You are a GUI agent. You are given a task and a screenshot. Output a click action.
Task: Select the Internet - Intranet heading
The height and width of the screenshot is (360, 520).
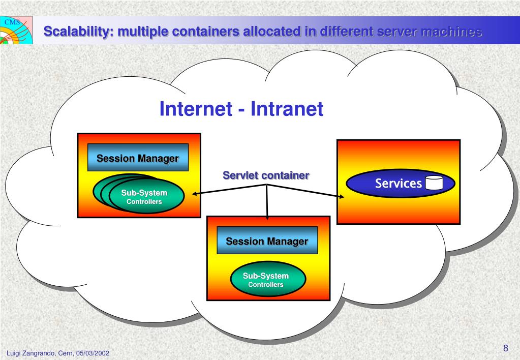tap(241, 109)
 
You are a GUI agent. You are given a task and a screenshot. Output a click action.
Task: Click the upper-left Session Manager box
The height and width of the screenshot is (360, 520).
tap(138, 158)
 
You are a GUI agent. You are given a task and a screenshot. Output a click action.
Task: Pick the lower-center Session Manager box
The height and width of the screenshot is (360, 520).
tap(267, 241)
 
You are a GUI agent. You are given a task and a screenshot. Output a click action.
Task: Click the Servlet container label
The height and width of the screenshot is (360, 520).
tap(266, 176)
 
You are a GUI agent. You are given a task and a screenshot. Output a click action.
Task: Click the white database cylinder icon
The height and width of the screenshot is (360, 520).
tap(434, 183)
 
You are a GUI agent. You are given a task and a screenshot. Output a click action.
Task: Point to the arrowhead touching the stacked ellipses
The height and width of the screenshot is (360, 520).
tap(195, 193)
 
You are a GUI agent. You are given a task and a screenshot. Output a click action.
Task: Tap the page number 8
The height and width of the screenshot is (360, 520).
tap(505, 348)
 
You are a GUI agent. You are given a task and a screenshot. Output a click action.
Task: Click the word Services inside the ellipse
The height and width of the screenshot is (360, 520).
tap(399, 184)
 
